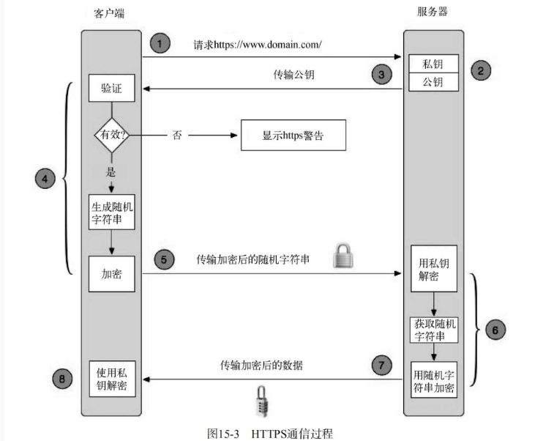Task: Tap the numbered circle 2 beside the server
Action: (x=480, y=70)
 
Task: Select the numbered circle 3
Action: (x=381, y=74)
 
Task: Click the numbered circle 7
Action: (x=381, y=364)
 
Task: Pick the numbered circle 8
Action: (x=63, y=379)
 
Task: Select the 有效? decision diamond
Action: (x=111, y=136)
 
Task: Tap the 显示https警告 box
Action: (x=293, y=136)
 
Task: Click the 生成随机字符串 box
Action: (x=111, y=212)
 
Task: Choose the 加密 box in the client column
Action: (x=111, y=274)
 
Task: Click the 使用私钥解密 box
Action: (x=111, y=378)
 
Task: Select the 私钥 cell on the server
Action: (x=434, y=64)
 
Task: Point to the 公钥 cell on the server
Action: (x=434, y=81)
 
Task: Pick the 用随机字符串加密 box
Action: (x=434, y=379)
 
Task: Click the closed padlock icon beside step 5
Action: (x=343, y=256)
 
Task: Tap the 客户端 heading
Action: (x=111, y=13)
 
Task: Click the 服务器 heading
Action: (x=433, y=13)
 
